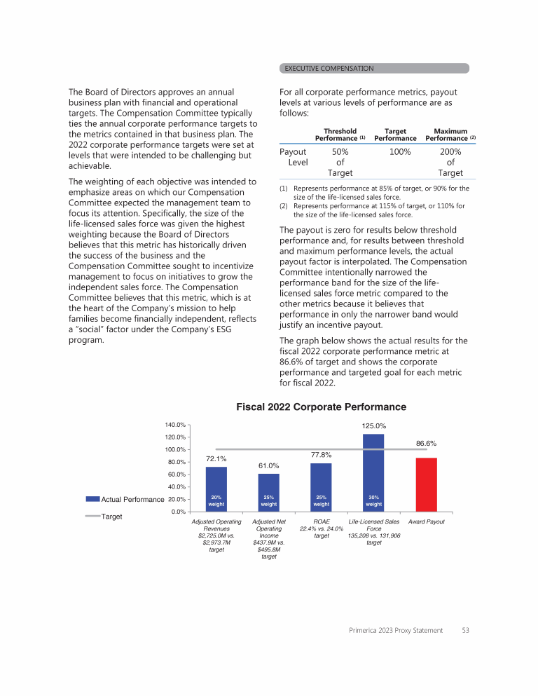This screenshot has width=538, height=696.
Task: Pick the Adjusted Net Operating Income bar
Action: [269, 492]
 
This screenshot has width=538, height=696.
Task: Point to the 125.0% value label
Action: [374, 425]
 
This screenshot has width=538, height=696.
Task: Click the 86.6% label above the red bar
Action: [426, 443]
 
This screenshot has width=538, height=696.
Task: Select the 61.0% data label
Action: [269, 465]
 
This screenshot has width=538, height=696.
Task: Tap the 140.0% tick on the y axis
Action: [175, 425]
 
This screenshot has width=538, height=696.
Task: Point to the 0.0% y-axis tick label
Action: [178, 512]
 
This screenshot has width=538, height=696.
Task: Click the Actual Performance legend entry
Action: [125, 499]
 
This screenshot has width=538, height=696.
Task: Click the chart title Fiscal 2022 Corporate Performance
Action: [321, 407]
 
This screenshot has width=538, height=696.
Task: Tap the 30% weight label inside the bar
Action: [373, 500]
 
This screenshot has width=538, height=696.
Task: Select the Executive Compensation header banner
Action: [374, 68]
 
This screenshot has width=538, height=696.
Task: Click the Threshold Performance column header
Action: [340, 135]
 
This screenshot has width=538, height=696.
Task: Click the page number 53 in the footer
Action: [465, 631]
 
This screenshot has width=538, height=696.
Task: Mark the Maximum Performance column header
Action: [450, 135]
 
